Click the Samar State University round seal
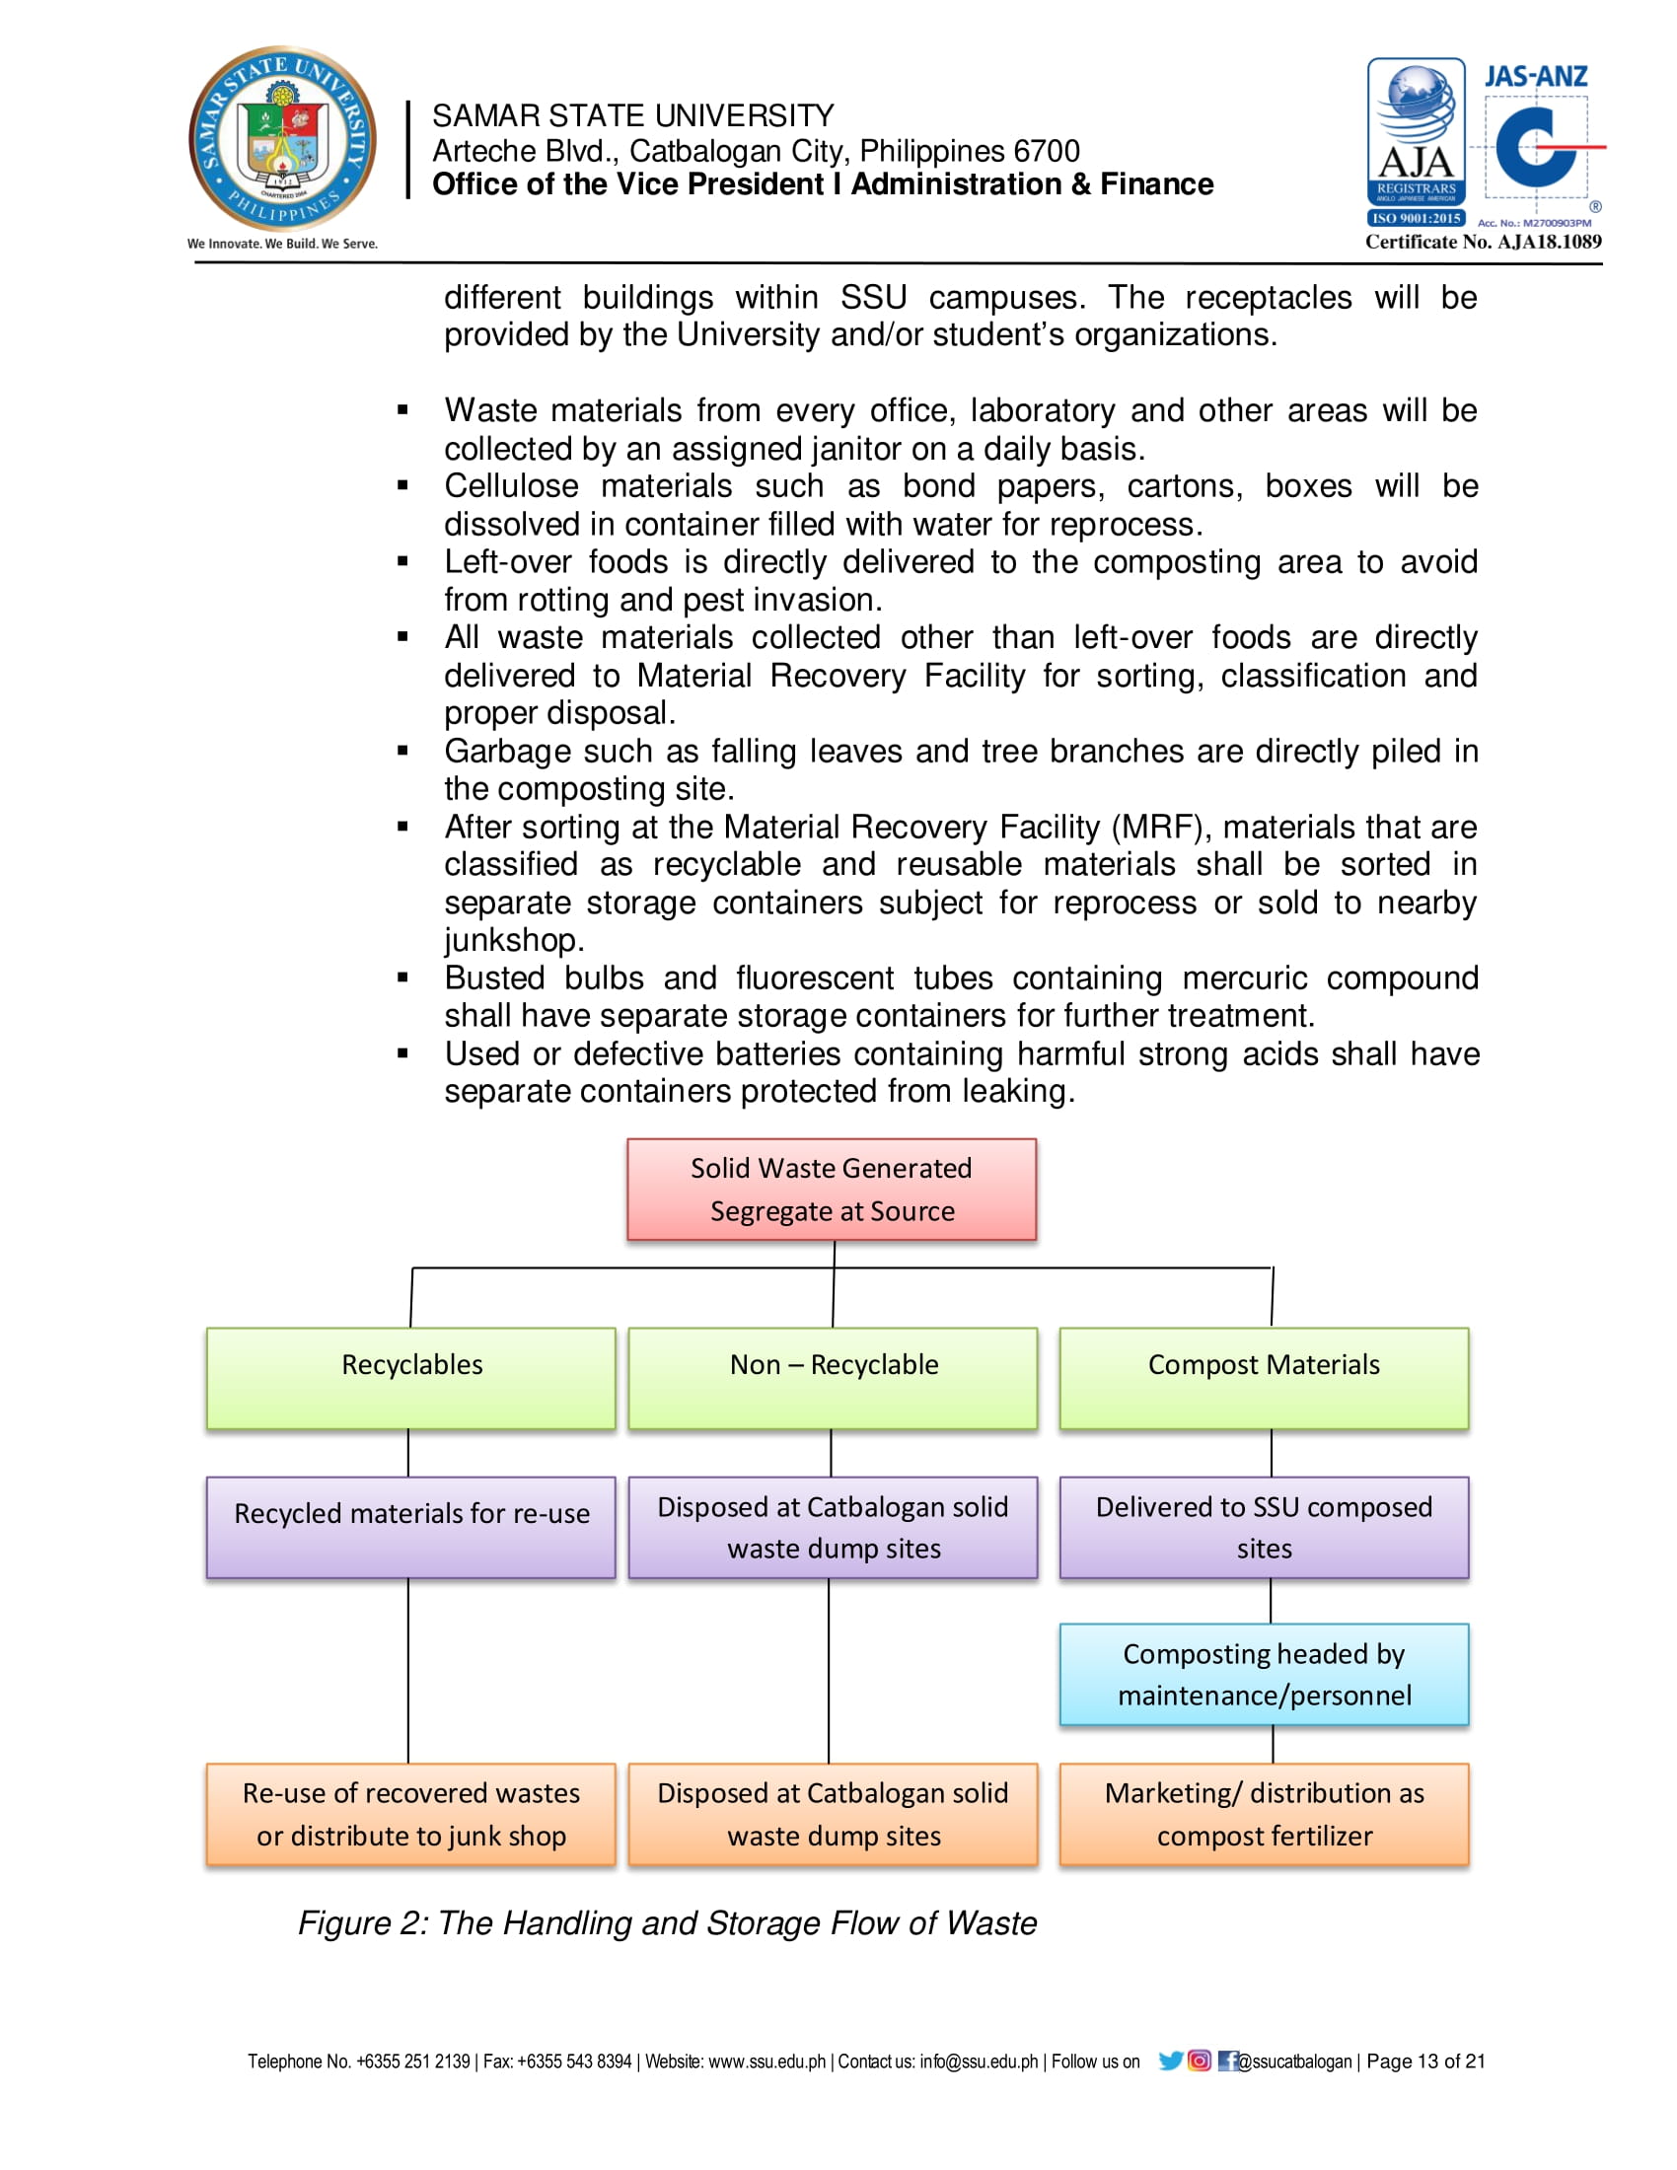pos(283,138)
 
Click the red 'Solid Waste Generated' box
pos(832,1190)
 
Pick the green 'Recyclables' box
pos(411,1377)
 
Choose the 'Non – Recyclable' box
pos(833,1377)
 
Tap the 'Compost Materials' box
pos(1264,1377)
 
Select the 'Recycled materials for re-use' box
pos(411,1526)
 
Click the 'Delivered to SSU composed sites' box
pos(1264,1526)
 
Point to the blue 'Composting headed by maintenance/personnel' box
pos(1264,1674)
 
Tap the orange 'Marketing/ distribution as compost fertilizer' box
pos(1264,1813)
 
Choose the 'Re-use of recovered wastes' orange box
pos(411,1813)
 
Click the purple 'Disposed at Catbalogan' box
pos(833,1526)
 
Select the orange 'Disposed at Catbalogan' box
pos(833,1813)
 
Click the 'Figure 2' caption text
pos(668,1922)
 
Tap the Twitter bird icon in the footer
pos(1170,2061)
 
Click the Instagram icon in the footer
pos(1200,2061)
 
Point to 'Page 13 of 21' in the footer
pos(1425,2061)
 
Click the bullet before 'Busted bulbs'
pos(402,977)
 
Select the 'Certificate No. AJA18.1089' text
pos(1484,242)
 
